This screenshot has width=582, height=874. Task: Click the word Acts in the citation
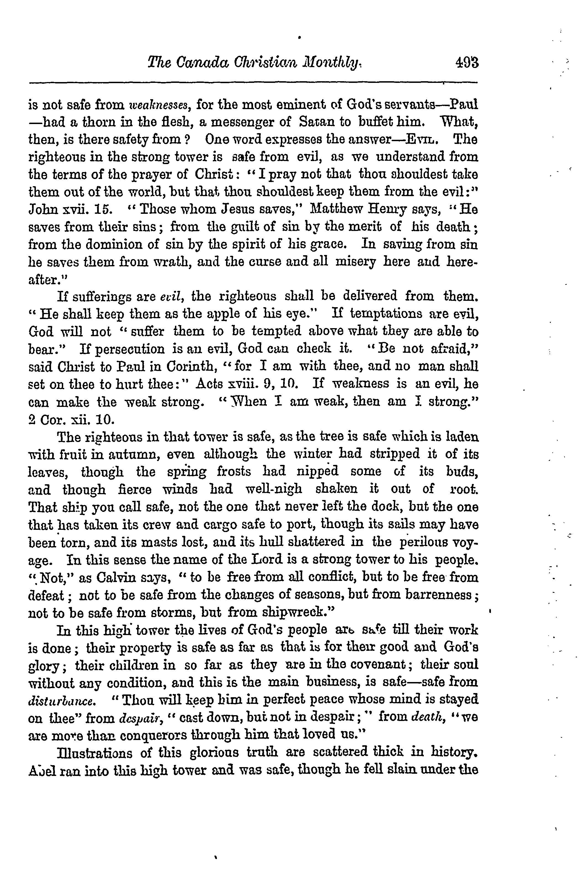tap(211, 383)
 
